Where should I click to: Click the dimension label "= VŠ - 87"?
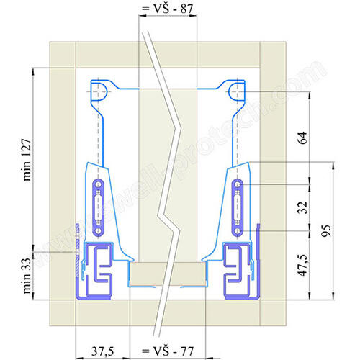[167, 9]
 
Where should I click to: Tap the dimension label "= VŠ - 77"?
[168, 351]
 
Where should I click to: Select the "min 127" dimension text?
[27, 160]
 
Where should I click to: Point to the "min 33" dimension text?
[27, 276]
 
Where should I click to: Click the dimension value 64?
[302, 138]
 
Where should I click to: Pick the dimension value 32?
[302, 207]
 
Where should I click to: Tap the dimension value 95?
[326, 231]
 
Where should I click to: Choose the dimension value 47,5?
[302, 266]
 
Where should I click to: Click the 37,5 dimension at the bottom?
[102, 351]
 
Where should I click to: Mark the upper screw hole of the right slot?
[238, 184]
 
